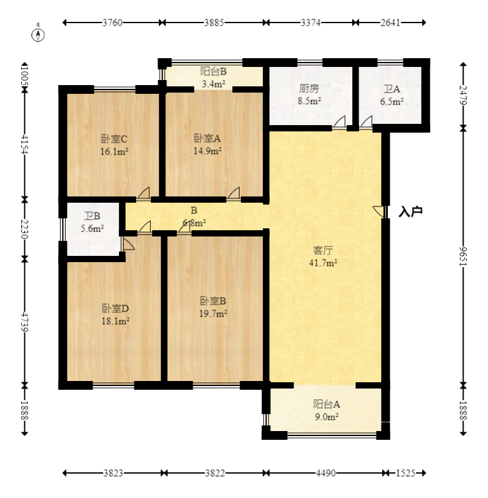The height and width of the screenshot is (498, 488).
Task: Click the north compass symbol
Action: [x=38, y=34]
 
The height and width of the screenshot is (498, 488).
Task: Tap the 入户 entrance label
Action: [x=410, y=211]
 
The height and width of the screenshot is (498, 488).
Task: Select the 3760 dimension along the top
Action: [x=113, y=23]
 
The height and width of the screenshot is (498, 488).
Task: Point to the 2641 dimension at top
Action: [x=390, y=23]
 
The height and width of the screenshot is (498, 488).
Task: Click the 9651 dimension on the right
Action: [x=464, y=257]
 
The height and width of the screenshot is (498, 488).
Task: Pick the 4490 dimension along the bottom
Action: [x=326, y=473]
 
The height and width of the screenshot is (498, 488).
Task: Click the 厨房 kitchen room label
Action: [x=309, y=89]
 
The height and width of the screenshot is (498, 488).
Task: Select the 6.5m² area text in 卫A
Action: [x=392, y=101]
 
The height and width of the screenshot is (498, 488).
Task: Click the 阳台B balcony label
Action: [x=213, y=71]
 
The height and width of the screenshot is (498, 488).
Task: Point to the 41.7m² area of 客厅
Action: [x=323, y=263]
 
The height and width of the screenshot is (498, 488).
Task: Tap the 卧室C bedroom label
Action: [x=114, y=139]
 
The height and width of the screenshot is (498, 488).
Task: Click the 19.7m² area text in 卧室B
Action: [x=213, y=314]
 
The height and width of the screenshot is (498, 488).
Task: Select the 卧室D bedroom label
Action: [x=115, y=308]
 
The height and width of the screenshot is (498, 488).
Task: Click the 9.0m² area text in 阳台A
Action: [x=327, y=417]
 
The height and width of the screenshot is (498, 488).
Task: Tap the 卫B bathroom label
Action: [x=92, y=216]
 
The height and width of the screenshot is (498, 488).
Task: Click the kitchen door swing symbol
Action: [x=339, y=123]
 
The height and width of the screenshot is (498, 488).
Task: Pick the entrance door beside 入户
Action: [x=380, y=211]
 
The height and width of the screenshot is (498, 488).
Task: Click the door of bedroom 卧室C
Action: [x=144, y=194]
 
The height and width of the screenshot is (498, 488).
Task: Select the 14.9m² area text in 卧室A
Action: [x=208, y=151]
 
